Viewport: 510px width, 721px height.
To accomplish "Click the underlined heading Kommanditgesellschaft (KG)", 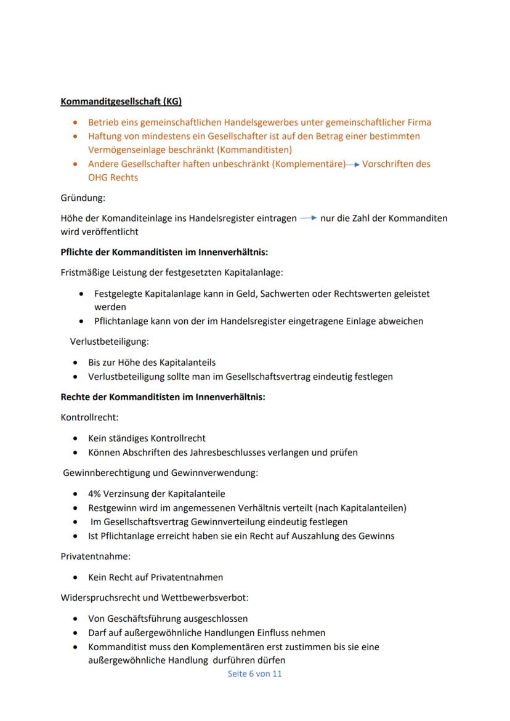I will (121, 101).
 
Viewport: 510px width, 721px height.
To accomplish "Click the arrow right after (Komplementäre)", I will (353, 164).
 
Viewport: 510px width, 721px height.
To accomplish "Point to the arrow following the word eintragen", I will (308, 218).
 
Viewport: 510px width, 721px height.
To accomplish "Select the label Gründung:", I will (83, 198).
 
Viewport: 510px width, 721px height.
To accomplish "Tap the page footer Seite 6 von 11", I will (254, 674).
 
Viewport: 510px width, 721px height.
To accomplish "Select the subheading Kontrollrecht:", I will (89, 417).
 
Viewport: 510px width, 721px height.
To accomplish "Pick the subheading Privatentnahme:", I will (95, 556).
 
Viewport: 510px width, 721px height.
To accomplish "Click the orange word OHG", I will (99, 178).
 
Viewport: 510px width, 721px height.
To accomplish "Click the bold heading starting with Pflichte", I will (164, 252).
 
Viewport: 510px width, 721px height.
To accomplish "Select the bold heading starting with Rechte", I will (163, 397).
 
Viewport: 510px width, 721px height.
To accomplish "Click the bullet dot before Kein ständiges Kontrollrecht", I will (75, 438).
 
